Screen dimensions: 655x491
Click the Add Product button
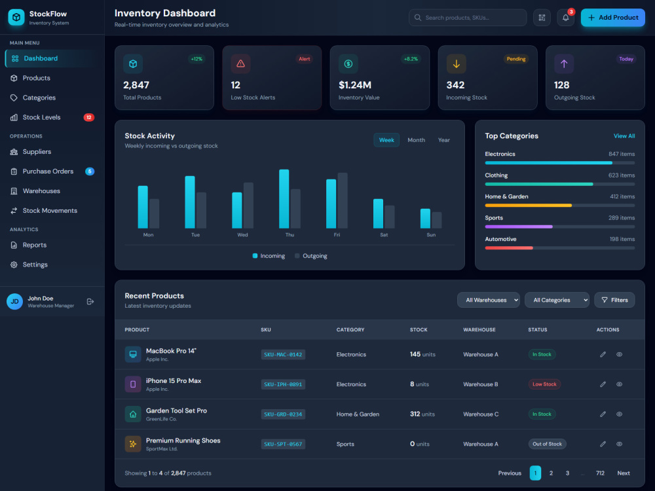(x=612, y=18)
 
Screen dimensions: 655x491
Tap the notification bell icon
(x=565, y=18)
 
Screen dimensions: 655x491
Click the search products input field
(x=468, y=18)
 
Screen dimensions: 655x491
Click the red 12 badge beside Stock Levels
(x=88, y=117)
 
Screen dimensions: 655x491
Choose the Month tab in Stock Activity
(x=416, y=140)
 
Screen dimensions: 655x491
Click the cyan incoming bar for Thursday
(x=284, y=199)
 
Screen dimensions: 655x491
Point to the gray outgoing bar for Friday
(x=343, y=200)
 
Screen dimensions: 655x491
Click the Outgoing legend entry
(x=310, y=256)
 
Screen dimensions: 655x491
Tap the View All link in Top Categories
(x=624, y=136)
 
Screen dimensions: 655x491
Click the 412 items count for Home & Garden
(x=622, y=196)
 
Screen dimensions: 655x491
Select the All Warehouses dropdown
(x=489, y=300)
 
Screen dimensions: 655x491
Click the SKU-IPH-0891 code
(x=283, y=384)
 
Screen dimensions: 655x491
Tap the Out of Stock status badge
(x=547, y=444)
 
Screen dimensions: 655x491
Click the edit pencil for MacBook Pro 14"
(x=603, y=354)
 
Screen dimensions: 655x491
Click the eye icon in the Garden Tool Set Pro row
(x=619, y=414)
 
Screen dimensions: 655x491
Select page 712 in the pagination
(x=600, y=473)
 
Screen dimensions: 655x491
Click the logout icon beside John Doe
(x=90, y=301)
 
